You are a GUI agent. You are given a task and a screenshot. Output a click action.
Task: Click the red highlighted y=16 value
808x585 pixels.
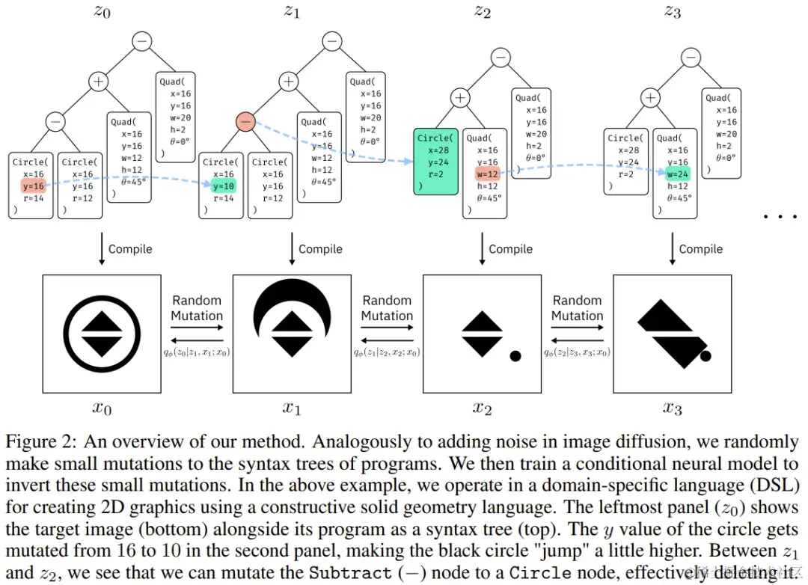33,186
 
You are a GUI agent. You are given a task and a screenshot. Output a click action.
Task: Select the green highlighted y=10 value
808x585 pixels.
223,186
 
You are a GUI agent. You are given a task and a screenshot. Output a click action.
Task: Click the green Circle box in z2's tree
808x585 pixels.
435,162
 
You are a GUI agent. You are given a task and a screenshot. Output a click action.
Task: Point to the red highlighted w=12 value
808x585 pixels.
487,174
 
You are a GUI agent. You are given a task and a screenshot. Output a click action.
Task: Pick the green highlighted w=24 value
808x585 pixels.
677,174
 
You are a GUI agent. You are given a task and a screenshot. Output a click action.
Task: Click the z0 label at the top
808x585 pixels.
102,10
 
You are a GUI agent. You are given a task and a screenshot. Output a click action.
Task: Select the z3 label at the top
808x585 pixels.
673,10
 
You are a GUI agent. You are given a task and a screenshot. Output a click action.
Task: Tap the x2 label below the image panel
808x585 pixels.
483,408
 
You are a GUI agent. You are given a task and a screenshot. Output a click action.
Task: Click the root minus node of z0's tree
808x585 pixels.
142,42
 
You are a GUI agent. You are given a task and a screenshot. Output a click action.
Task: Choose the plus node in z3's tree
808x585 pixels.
652,97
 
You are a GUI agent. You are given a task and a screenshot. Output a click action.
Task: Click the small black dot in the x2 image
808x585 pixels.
515,356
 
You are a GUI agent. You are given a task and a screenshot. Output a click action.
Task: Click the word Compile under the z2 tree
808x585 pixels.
511,249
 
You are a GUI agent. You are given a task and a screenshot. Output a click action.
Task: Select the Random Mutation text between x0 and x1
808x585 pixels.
197,308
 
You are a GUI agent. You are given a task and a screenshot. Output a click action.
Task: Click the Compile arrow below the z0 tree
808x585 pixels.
102,249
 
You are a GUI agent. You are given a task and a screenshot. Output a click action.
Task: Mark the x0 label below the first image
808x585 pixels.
102,408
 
